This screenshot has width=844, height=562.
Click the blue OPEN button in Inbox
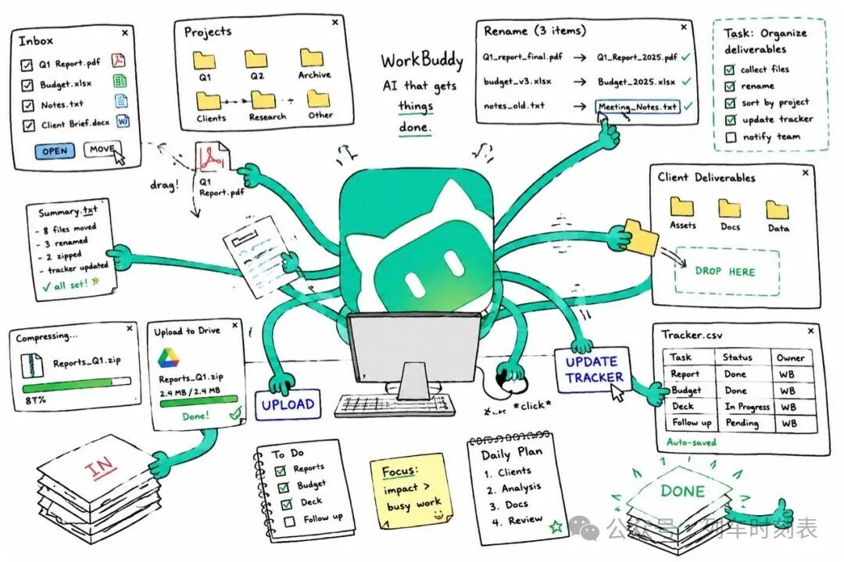[55, 151]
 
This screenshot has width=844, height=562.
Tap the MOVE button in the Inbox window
[102, 149]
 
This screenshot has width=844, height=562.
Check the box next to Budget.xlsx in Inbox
[27, 85]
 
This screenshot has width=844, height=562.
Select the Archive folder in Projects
[312, 58]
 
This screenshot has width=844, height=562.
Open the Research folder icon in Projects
[263, 99]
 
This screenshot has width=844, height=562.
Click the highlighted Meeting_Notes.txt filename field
[638, 106]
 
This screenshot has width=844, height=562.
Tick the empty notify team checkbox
[731, 137]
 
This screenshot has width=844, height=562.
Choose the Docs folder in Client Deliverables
[729, 208]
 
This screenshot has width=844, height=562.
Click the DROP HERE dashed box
[727, 272]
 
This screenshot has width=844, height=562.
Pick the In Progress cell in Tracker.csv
[746, 407]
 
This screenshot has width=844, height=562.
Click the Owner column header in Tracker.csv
[790, 357]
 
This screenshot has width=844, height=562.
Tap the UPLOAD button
[288, 404]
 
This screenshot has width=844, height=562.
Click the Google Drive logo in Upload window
[169, 357]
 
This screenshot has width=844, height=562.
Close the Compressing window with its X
[129, 328]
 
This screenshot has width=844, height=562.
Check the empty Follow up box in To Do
[290, 521]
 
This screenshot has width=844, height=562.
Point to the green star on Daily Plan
[556, 525]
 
